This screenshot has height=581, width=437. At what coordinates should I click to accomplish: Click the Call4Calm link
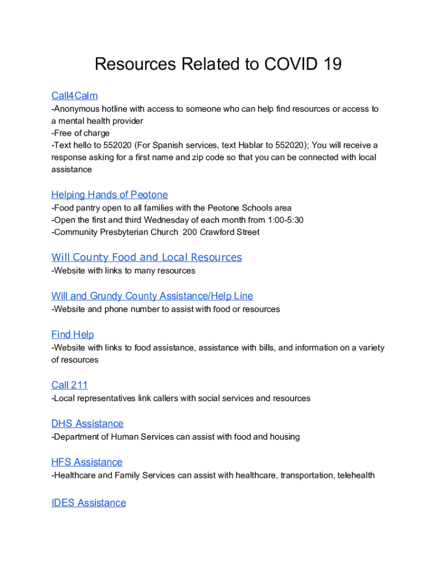(x=74, y=96)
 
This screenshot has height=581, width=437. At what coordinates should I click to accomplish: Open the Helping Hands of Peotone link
(x=110, y=195)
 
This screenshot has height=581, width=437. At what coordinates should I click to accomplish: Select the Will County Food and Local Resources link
(x=146, y=258)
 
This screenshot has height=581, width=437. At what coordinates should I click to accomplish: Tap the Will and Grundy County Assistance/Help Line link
(x=152, y=296)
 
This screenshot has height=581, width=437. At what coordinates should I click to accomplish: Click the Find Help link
(x=73, y=335)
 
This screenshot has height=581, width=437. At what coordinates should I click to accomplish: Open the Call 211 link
(x=69, y=385)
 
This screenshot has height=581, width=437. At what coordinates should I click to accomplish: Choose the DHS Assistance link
(x=87, y=424)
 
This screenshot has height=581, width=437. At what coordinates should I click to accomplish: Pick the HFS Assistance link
(x=87, y=462)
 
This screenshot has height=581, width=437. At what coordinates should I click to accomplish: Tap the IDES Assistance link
(x=89, y=503)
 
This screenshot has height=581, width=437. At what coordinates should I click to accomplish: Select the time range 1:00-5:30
(x=284, y=220)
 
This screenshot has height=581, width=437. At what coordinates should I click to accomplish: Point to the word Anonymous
(x=75, y=108)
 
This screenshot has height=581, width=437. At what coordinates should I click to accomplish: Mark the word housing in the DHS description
(x=284, y=437)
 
